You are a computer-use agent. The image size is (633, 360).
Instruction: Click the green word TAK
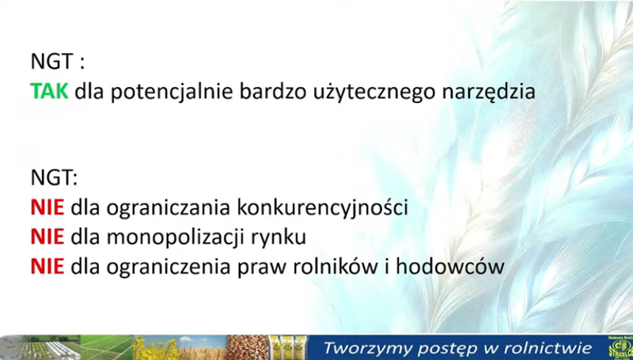click(x=49, y=91)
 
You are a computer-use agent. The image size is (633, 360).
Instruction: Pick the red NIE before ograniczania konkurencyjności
click(x=47, y=207)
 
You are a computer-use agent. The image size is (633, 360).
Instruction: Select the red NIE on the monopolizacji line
click(x=47, y=237)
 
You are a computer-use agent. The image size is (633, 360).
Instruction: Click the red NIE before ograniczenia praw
click(x=47, y=267)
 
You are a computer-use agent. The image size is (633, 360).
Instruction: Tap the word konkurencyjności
click(x=322, y=208)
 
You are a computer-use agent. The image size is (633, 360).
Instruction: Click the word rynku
click(x=279, y=238)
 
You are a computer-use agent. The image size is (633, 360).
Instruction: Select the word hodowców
click(x=450, y=266)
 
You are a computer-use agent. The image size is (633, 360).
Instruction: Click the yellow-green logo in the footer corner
click(x=621, y=347)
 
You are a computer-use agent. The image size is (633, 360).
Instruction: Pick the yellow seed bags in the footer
click(x=286, y=347)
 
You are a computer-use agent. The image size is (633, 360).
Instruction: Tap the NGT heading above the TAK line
click(x=58, y=62)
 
